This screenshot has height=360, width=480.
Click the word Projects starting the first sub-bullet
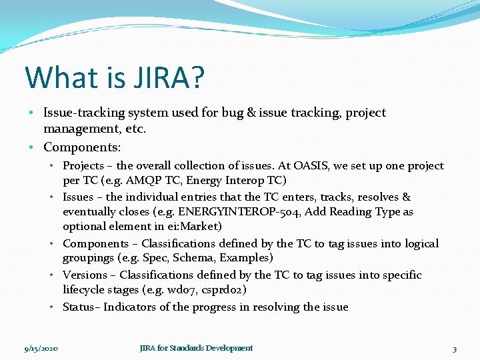[x=83, y=165]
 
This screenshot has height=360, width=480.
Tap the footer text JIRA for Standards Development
[x=196, y=348]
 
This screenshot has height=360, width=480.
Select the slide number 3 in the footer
[x=454, y=349]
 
